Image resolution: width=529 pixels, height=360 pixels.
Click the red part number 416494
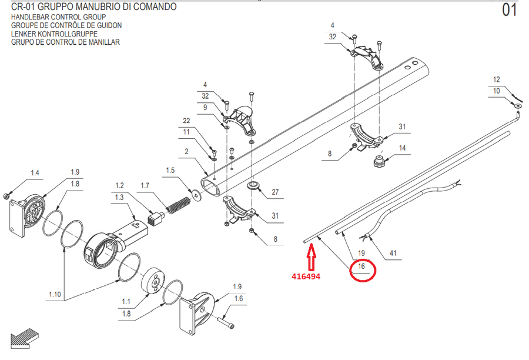coord(306,276)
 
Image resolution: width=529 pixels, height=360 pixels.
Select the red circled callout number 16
coord(361,266)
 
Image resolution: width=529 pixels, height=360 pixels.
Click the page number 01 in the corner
coord(509,10)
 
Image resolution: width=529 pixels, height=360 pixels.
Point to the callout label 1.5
coord(170,170)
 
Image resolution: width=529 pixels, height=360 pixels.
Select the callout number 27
coord(275,192)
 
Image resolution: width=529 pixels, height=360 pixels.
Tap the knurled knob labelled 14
coord(379,161)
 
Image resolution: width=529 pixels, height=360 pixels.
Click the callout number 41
coord(393,253)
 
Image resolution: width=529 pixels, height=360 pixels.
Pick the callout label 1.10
coord(55,294)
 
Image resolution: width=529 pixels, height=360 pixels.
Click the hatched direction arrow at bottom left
coord(25,339)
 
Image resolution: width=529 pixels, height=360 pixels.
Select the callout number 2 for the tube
coord(186,151)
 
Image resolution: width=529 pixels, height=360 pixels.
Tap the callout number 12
coord(496,79)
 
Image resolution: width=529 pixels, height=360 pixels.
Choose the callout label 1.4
coord(35,173)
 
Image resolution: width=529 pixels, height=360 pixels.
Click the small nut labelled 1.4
coord(5,196)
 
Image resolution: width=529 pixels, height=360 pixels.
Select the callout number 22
coord(186,121)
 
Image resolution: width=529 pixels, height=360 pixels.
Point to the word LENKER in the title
coord(24,34)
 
